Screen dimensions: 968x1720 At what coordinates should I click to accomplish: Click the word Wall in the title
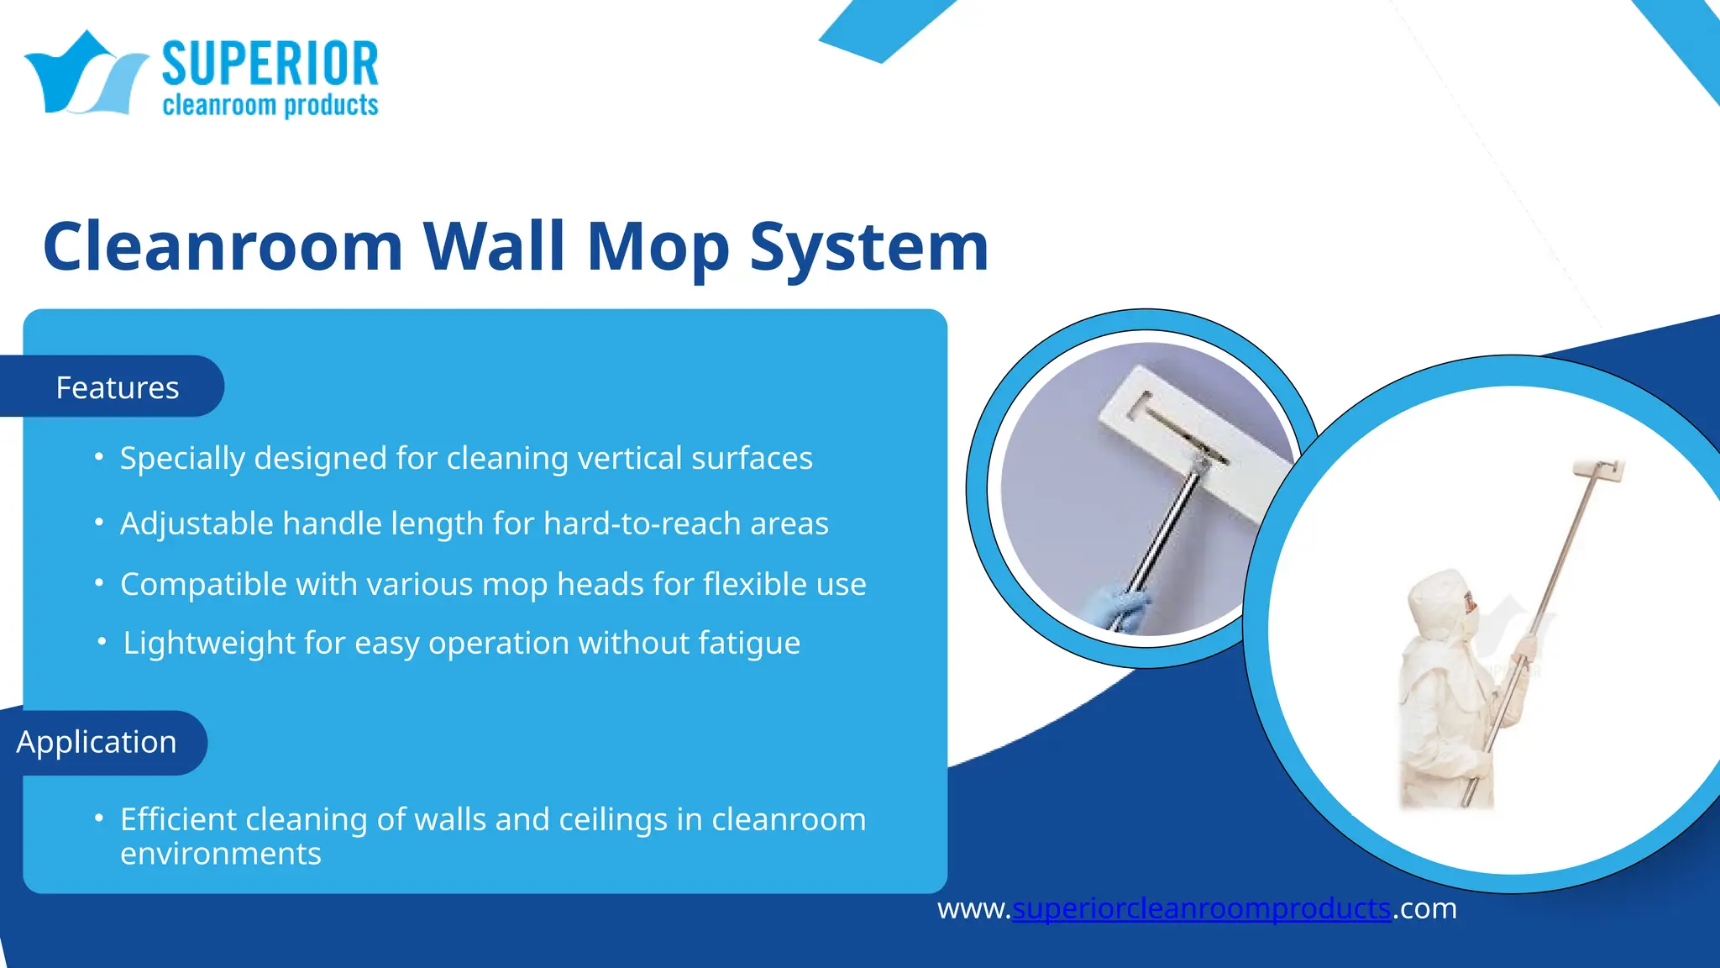[493, 246]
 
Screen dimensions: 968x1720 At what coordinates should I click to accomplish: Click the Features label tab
[117, 387]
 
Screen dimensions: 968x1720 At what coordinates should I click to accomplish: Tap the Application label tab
[97, 742]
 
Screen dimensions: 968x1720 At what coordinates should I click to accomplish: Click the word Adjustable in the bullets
[197, 523]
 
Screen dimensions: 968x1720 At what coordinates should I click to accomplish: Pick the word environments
[220, 854]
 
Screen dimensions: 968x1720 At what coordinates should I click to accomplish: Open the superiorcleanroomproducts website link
[1201, 908]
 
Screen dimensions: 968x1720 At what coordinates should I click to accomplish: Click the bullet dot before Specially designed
[99, 457]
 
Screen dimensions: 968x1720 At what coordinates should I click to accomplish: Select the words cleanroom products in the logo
[270, 106]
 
